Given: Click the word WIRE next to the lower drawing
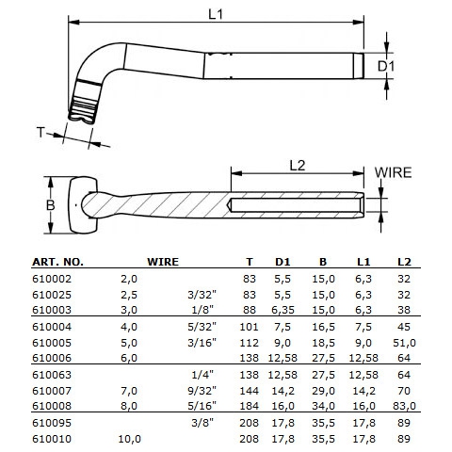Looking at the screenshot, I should [x=394, y=172].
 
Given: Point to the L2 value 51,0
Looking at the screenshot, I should [x=405, y=344].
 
